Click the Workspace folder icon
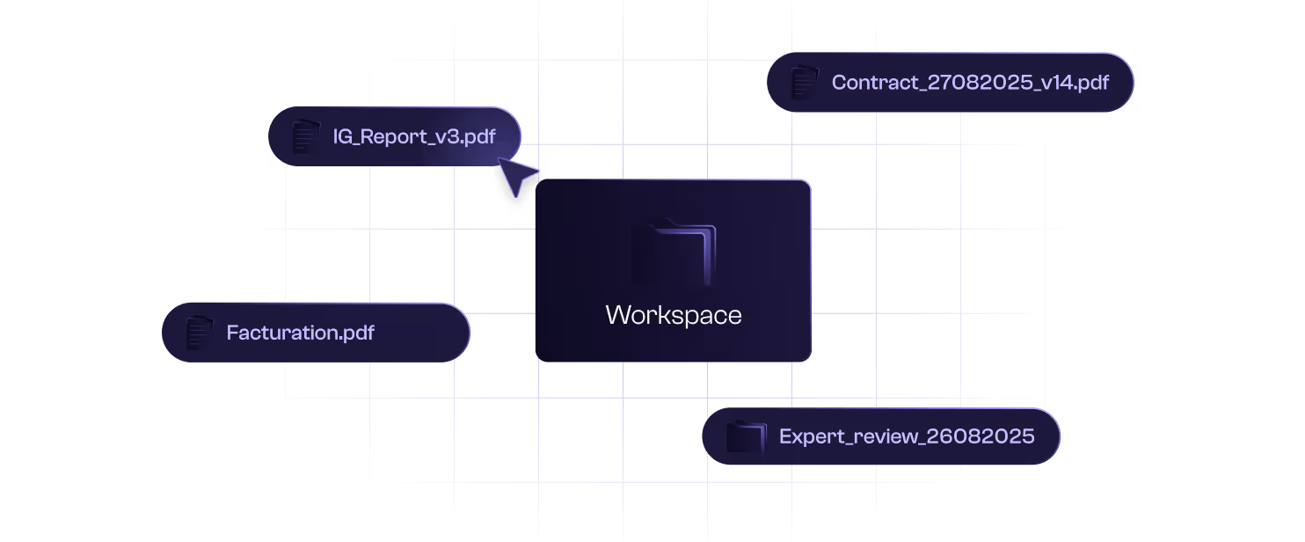click(674, 252)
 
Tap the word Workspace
click(674, 315)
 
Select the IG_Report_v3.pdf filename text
click(413, 136)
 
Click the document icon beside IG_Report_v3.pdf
click(303, 136)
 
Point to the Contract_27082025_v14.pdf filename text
click(970, 83)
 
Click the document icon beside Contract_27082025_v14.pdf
click(804, 83)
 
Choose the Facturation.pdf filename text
click(300, 333)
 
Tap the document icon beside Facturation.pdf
click(199, 333)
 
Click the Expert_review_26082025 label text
click(907, 436)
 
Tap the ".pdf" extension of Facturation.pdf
click(355, 333)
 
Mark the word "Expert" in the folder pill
click(809, 436)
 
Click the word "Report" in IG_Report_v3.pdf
click(396, 136)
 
